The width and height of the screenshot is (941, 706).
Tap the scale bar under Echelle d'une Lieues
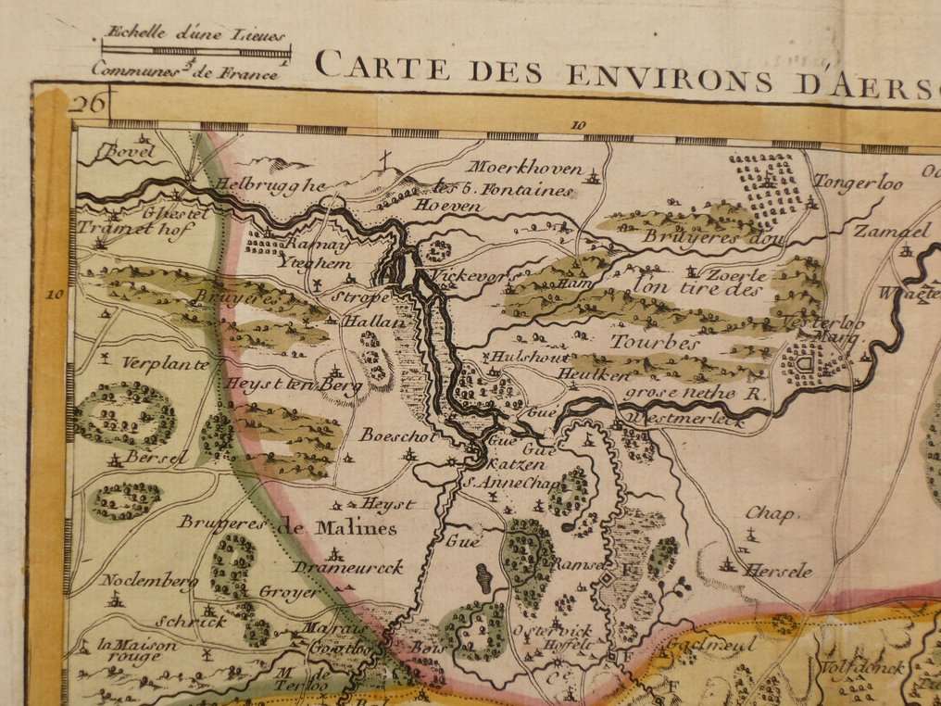tap(195, 52)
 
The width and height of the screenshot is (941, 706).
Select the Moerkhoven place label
tap(524, 169)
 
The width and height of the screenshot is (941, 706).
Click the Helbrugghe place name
tap(270, 184)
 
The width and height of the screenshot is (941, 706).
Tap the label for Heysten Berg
tap(290, 385)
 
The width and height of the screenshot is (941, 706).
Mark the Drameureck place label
tap(349, 567)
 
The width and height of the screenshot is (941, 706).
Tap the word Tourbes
tap(654, 343)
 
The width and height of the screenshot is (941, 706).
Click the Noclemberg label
tap(136, 581)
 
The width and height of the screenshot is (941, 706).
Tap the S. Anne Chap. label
tap(505, 483)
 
